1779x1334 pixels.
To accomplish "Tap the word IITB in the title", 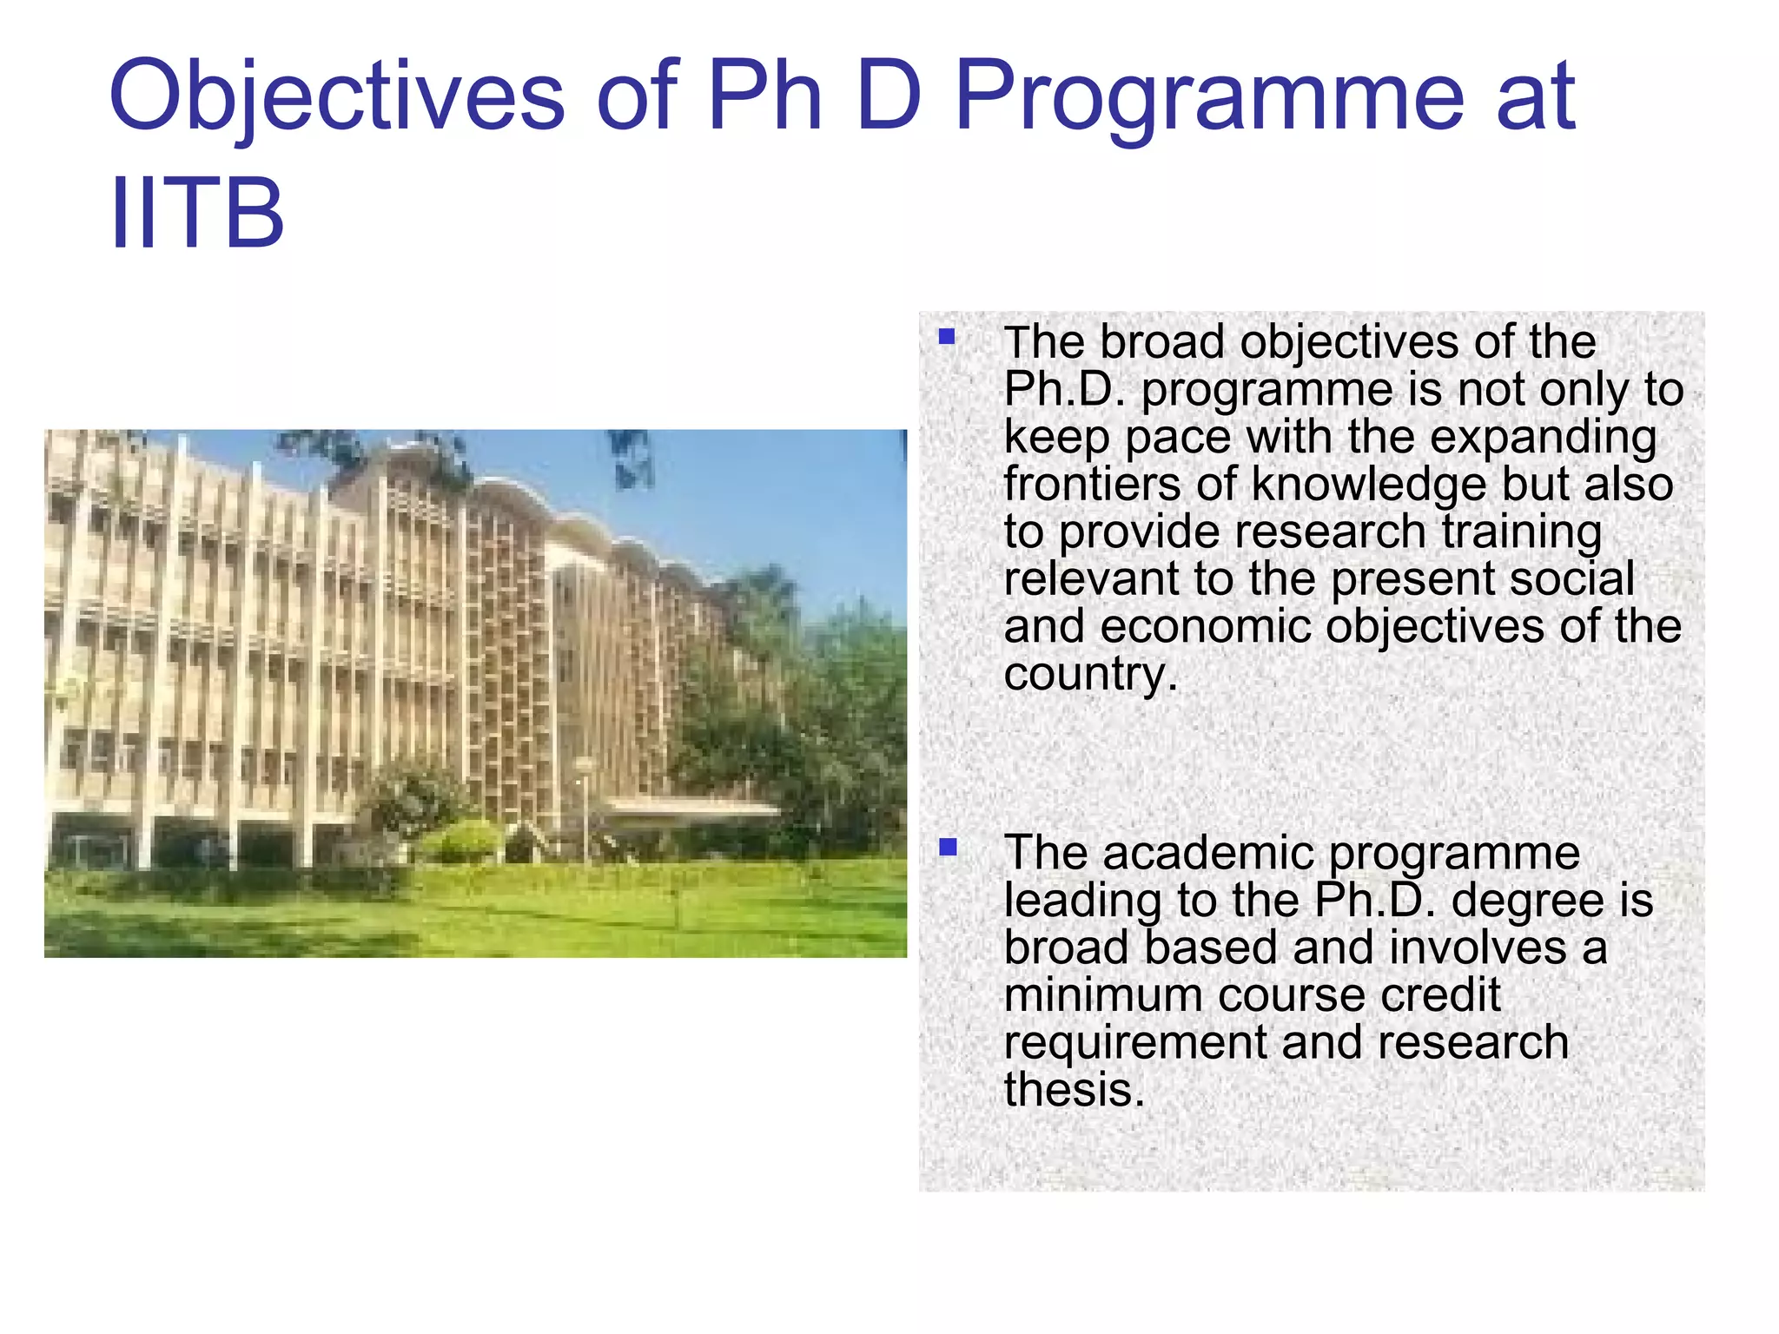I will pos(197,212).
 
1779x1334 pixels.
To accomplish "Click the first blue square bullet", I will pos(947,337).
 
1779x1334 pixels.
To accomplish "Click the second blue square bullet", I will pos(947,847).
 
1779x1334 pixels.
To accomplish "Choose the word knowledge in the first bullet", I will pos(1367,485).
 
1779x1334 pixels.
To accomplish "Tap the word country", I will pos(1091,675).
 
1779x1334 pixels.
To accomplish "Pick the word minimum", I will pos(1103,994).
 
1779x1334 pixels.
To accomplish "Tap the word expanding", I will pos(1543,437).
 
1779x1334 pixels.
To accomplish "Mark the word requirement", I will pos(1135,1042).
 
